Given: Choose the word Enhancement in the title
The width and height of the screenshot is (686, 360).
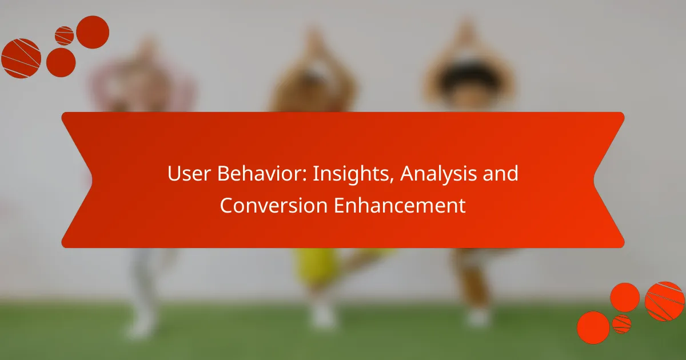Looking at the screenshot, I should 400,206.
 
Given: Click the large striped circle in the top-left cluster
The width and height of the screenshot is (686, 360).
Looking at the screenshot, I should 21,58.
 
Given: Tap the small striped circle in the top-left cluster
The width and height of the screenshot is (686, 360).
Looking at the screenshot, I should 64,36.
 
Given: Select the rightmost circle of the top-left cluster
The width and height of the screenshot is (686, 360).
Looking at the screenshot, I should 93,32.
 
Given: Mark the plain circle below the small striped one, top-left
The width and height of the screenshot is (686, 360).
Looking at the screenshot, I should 61,62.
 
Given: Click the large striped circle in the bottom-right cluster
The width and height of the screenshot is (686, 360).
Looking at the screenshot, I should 665,301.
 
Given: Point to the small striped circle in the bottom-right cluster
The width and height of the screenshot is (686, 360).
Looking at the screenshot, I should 621,324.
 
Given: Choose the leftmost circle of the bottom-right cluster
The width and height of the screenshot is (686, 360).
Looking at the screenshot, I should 593,327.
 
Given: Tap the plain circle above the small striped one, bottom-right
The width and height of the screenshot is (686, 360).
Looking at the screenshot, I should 625,297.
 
